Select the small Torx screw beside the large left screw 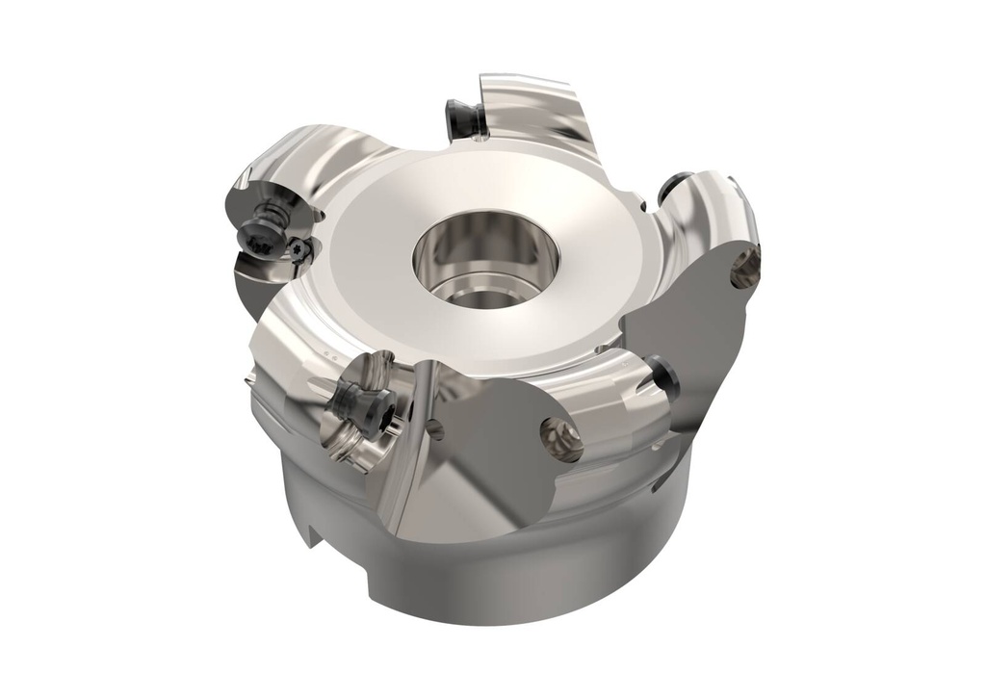(x=301, y=249)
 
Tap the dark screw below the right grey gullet (x=663, y=375)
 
